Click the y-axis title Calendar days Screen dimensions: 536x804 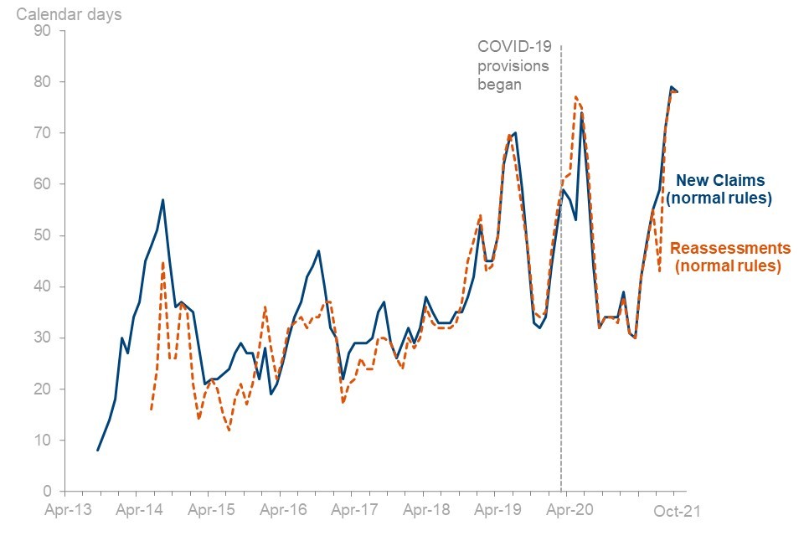pos(70,15)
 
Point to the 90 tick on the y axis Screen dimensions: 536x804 pos(42,31)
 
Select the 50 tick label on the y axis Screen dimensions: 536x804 pos(42,235)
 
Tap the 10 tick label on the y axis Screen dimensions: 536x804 pos(42,441)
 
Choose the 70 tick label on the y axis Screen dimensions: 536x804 pos(42,133)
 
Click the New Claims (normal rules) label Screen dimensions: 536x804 pos(719,189)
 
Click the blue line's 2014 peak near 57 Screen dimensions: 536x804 pos(162,199)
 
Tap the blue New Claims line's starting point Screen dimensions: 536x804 pos(98,451)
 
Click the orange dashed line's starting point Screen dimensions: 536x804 pos(151,410)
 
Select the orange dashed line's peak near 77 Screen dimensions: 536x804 pos(575,97)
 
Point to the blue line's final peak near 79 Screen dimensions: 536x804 pos(672,87)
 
